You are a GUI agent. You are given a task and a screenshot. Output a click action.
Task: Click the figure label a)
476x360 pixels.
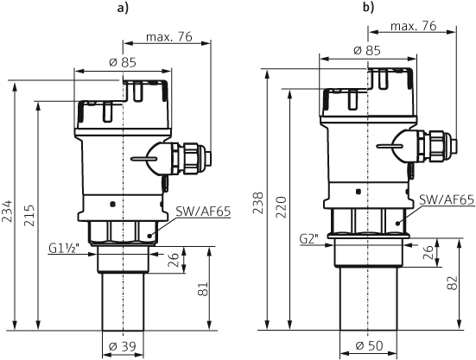pos(121,9)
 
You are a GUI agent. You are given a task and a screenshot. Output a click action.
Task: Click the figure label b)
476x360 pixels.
pos(368,9)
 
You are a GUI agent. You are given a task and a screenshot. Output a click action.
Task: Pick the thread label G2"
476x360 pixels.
pos(309,237)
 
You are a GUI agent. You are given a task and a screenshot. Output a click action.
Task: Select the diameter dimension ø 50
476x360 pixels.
pos(370,347)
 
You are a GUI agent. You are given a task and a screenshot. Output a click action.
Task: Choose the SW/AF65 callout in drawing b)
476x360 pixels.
pos(446,199)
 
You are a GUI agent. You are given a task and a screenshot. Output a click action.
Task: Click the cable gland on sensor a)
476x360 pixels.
pos(188,156)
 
